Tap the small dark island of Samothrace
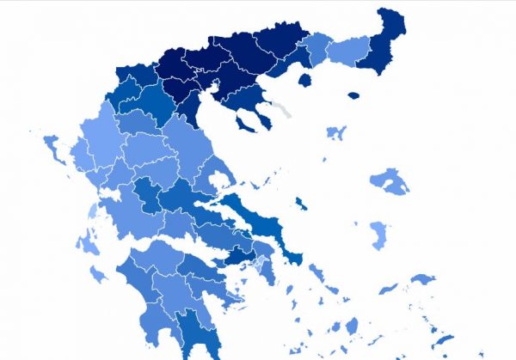point(353,95)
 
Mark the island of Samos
point(421,279)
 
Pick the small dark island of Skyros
point(299,204)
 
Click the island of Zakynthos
point(99,274)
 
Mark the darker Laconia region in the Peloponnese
point(191,331)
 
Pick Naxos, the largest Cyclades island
point(352,326)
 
